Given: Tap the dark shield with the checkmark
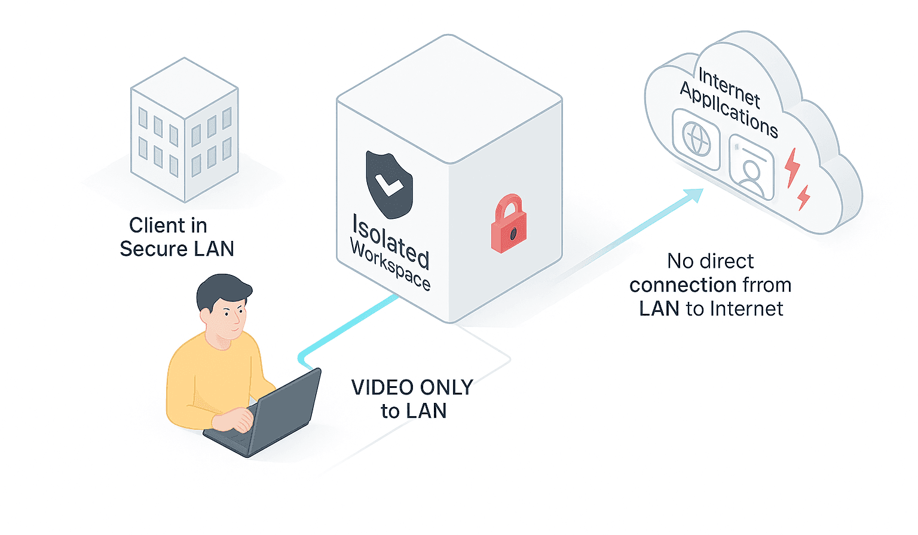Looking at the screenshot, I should click(389, 185).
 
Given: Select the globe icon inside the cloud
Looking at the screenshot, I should click(696, 139).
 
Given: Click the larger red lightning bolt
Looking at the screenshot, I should click(792, 167).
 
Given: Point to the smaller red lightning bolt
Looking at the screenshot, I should click(804, 197).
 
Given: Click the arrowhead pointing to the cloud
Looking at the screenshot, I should click(694, 195).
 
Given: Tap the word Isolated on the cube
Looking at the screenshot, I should click(390, 241).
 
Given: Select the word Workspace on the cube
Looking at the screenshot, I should click(390, 265).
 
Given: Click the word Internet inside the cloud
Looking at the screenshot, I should click(729, 88).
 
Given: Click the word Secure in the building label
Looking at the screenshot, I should click(153, 249).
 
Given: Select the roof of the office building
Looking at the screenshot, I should click(185, 86).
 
